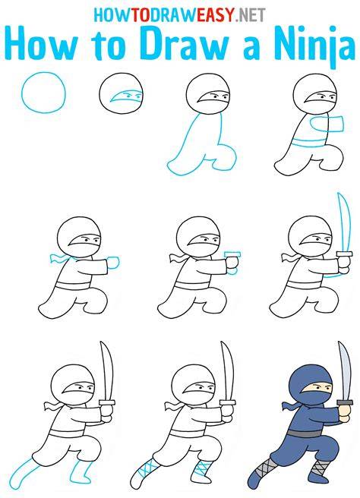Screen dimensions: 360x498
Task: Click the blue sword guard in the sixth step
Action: point(232,254)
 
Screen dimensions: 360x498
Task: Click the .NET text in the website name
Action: point(251,14)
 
